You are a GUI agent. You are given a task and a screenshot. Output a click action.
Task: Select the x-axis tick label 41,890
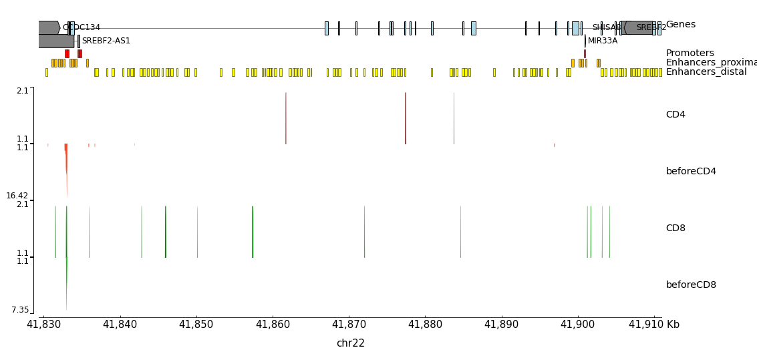tap(501, 325)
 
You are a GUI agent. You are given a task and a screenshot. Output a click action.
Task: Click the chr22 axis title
tap(350, 343)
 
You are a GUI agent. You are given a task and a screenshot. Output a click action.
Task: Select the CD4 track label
tap(675, 115)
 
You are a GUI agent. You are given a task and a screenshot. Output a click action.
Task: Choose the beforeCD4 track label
tap(691, 172)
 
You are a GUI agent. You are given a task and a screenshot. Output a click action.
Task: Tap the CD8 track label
tap(675, 228)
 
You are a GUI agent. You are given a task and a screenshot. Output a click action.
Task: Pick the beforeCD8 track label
tap(691, 285)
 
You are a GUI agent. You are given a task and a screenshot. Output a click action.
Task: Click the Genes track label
tap(680, 25)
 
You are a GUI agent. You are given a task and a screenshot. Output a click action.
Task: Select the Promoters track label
tap(690, 53)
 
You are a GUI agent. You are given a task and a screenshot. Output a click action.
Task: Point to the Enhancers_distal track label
tap(706, 72)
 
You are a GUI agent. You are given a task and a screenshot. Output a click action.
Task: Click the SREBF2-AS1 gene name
tap(106, 41)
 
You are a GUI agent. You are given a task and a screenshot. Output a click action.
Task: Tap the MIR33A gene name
tap(603, 41)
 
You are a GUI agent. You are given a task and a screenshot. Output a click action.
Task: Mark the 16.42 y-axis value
tap(17, 196)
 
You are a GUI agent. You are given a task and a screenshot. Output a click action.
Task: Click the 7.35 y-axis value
tap(20, 310)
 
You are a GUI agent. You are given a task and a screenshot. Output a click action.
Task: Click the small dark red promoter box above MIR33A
tap(585, 53)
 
